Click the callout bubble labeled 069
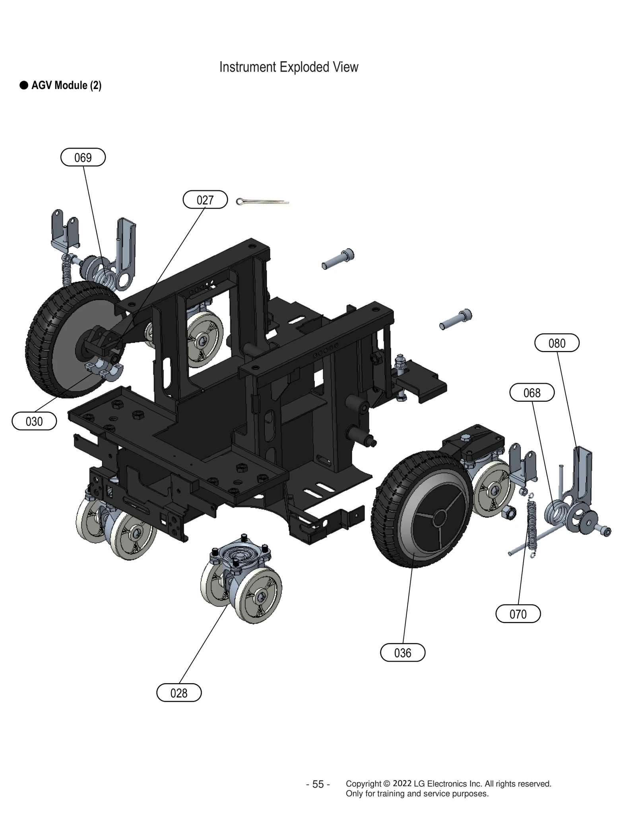[x=83, y=157]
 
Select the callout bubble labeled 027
[x=205, y=200]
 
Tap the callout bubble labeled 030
[x=34, y=421]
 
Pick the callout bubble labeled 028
[x=179, y=693]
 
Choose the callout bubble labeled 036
[x=403, y=653]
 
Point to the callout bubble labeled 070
[x=518, y=614]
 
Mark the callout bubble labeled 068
[x=532, y=393]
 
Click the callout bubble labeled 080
[x=556, y=343]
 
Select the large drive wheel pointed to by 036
[x=421, y=509]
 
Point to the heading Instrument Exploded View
[x=289, y=67]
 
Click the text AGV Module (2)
[x=66, y=85]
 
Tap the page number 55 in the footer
[x=318, y=784]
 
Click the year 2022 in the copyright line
[x=402, y=783]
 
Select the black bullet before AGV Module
[x=24, y=85]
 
